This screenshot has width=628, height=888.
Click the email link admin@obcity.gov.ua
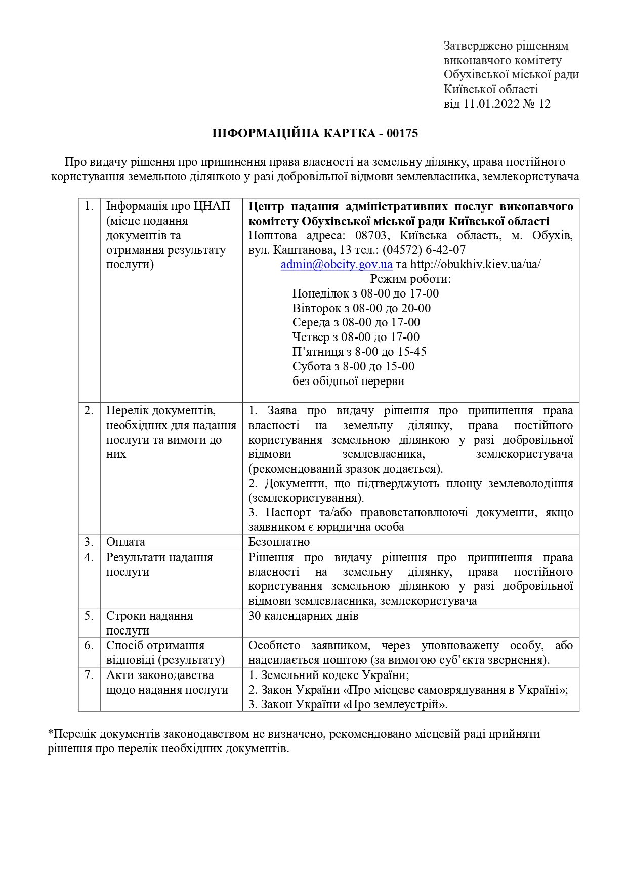coord(337,264)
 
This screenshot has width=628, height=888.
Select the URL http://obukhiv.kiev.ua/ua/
coord(475,264)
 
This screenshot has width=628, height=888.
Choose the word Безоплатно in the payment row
coord(279,542)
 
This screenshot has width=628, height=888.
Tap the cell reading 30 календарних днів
coord(304,616)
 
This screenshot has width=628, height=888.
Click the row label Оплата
coord(125,542)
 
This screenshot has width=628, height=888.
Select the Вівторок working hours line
coord(361,308)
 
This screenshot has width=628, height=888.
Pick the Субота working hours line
coord(353,366)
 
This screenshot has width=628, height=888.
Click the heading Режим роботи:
coord(410,279)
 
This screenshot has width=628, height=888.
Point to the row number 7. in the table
coord(89,675)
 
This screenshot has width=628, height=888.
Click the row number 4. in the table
coord(89,557)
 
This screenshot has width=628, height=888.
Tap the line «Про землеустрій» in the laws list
coord(348,704)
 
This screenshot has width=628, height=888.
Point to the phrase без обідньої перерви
coord(348,381)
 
